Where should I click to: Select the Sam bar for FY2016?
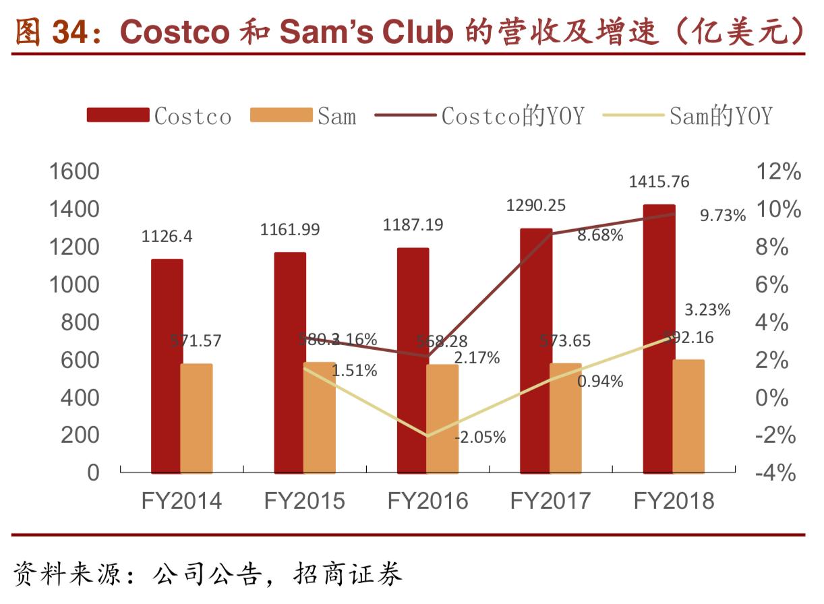pyautogui.click(x=442, y=418)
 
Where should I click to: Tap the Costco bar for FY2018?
pyautogui.click(x=659, y=337)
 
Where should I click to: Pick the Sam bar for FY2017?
pyautogui.click(x=565, y=418)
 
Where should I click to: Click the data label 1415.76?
pyautogui.click(x=659, y=182)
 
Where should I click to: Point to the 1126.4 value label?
pyautogui.click(x=167, y=237)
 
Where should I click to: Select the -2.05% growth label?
pyautogui.click(x=480, y=437)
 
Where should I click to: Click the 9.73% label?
pyautogui.click(x=723, y=216)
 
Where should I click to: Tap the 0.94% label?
pyautogui.click(x=600, y=382)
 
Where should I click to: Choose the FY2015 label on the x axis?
pyautogui.click(x=304, y=502)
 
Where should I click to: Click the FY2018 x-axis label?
pyautogui.click(x=673, y=502)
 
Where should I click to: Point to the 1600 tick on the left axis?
pyautogui.click(x=75, y=172)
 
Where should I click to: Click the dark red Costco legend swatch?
pyautogui.click(x=117, y=115)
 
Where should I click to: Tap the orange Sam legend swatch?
pyautogui.click(x=281, y=115)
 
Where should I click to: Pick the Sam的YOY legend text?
pyautogui.click(x=720, y=116)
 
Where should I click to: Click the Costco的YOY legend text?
pyautogui.click(x=512, y=116)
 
